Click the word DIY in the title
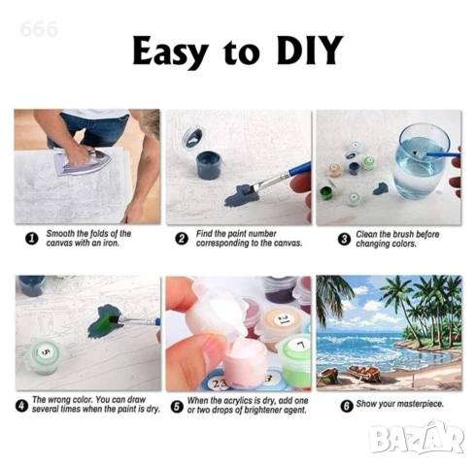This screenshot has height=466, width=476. [309, 50]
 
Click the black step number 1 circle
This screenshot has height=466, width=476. [32, 239]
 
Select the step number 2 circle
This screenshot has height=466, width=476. [182, 239]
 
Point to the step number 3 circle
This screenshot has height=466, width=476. [344, 240]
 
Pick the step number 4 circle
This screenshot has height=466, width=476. [21, 406]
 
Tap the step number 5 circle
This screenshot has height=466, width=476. [177, 406]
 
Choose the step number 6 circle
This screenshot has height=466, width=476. [347, 406]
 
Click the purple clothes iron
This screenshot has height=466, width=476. [83, 162]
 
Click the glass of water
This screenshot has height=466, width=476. [421, 161]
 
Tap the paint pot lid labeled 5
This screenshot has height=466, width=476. [46, 351]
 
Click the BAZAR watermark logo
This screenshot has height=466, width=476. [417, 438]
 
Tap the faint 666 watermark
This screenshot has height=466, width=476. [39, 29]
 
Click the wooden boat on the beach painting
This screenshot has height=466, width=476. [363, 373]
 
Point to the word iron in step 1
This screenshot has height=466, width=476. [111, 243]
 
